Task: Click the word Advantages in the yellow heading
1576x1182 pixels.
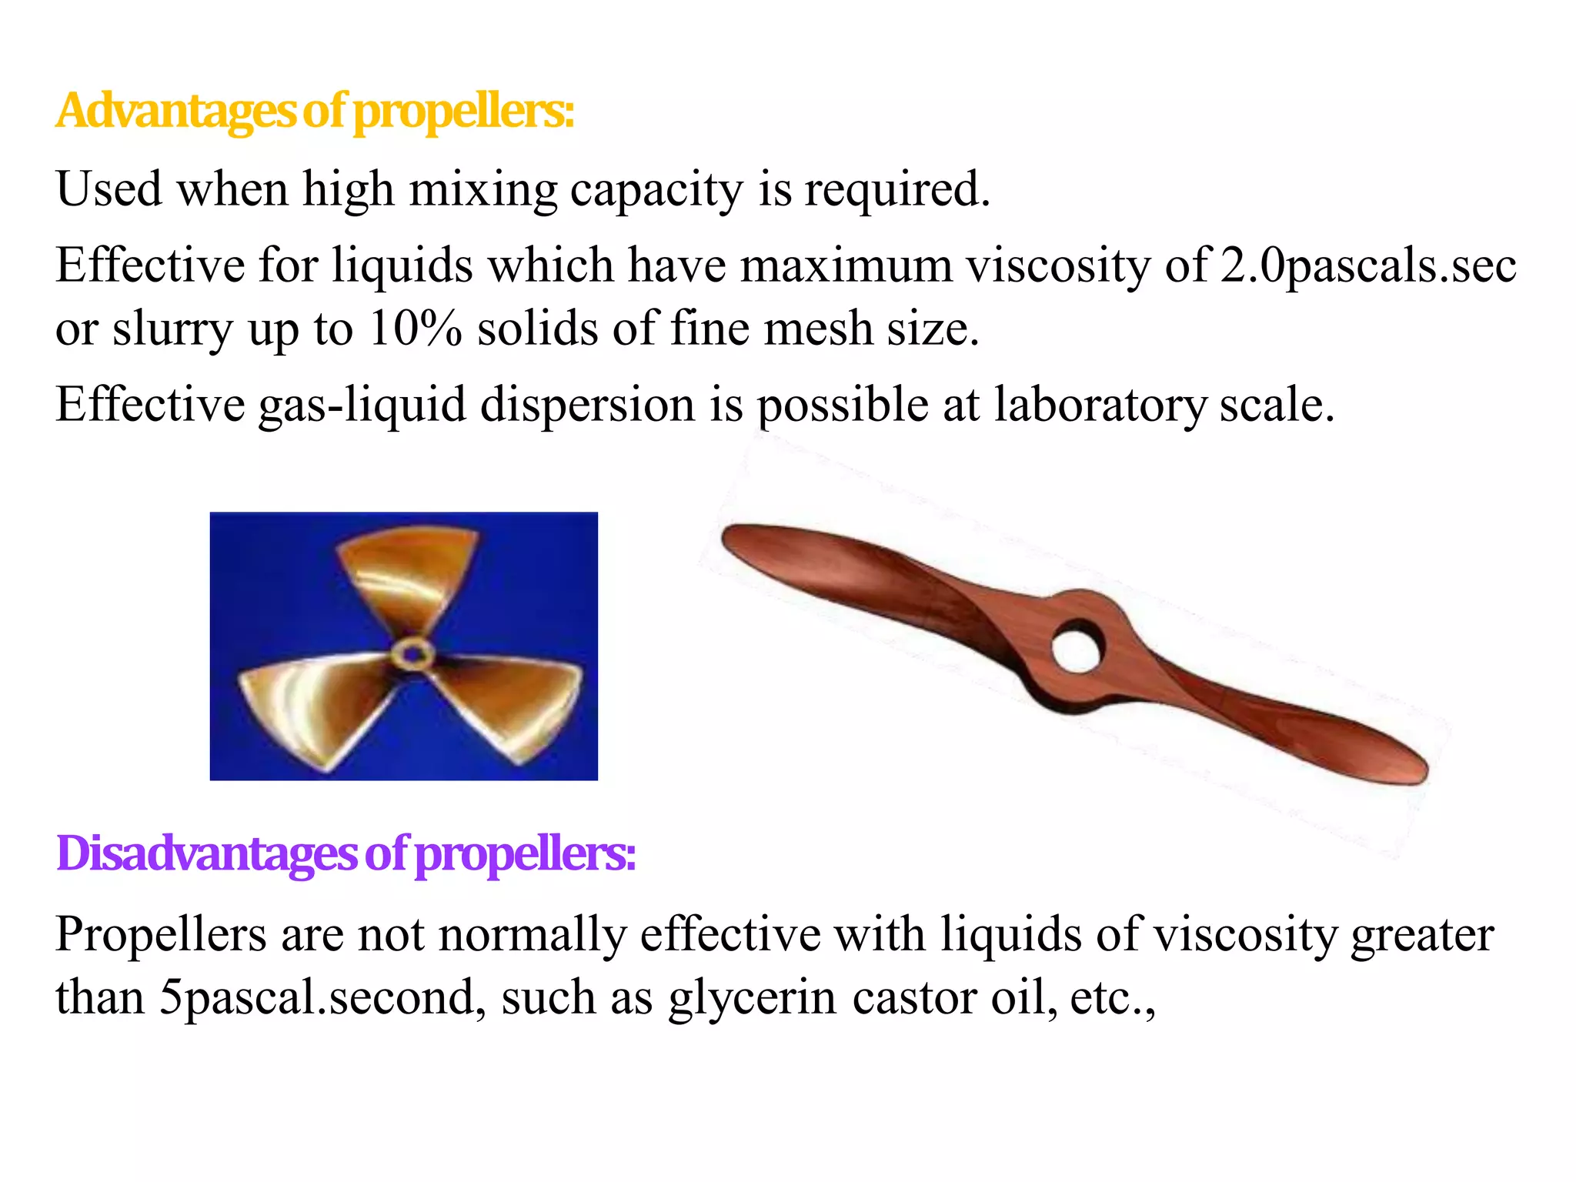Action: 175,112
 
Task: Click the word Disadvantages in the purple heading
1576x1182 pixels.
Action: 206,854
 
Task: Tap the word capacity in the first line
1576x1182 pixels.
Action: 656,190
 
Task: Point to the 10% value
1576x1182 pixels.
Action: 415,329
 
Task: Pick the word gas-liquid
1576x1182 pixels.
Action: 362,406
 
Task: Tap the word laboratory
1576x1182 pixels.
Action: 1100,406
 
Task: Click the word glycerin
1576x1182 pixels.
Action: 752,998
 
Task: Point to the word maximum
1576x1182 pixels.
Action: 846,266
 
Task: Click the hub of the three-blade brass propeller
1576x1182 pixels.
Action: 412,654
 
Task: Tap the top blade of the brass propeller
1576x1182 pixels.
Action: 408,573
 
